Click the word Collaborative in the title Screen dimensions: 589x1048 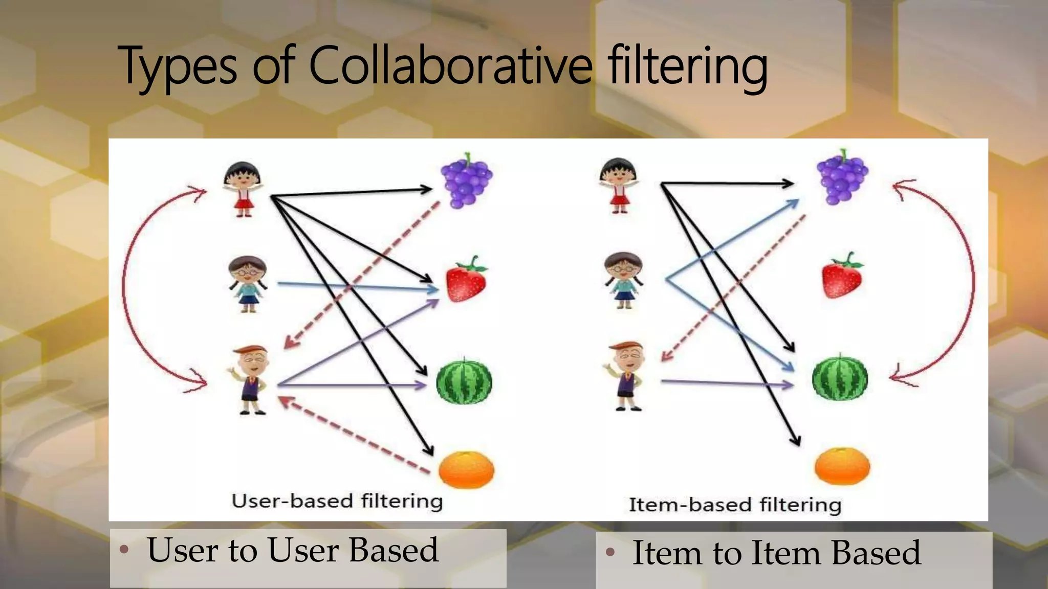point(450,65)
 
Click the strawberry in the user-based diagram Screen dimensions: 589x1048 point(466,280)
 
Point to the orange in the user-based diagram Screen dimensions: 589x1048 point(467,469)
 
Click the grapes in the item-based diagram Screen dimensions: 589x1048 point(842,177)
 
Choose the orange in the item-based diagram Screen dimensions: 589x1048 point(842,465)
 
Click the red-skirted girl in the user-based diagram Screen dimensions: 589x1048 point(243,189)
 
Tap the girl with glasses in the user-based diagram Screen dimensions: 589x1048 point(248,284)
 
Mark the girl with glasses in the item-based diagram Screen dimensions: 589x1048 point(623,280)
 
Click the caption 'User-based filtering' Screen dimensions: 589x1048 point(337,501)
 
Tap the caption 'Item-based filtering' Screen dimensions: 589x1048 point(735,505)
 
